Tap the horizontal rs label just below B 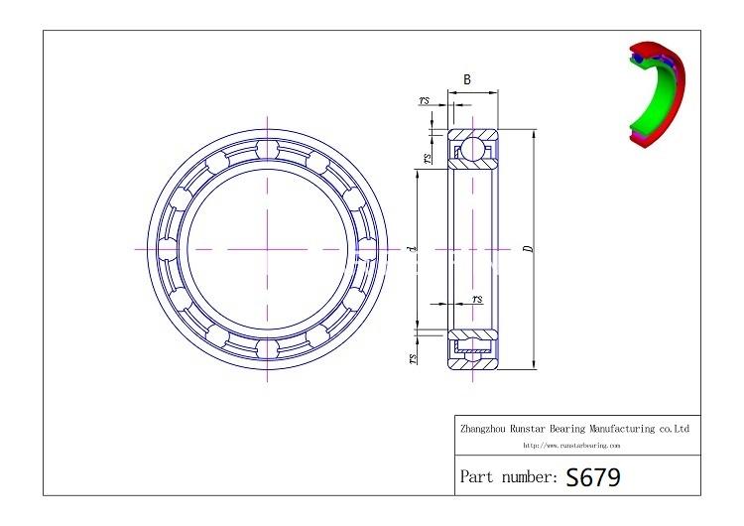425,100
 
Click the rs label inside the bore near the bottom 477,299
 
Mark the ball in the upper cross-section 472,148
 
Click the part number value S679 593,477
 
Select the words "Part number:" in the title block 508,477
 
